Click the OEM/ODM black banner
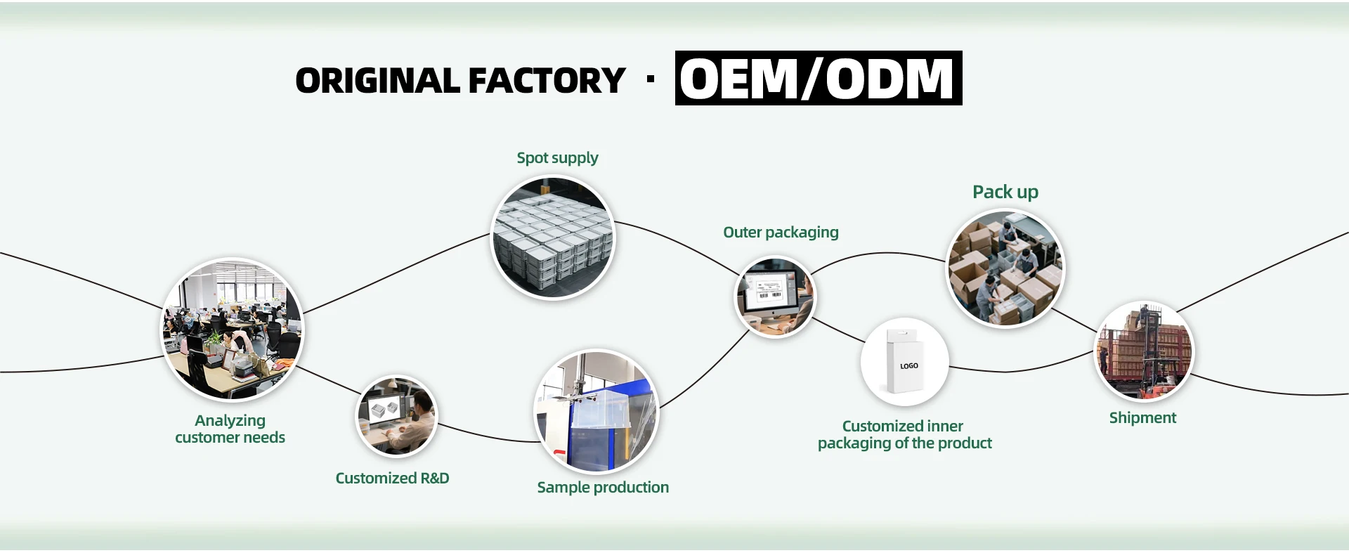[x=819, y=78]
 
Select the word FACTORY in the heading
[x=547, y=81]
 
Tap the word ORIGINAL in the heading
[x=377, y=81]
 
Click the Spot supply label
[x=557, y=158]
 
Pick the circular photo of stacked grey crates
[x=553, y=238]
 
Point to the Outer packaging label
[x=781, y=233]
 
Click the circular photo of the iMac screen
[x=775, y=297]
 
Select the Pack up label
[x=1005, y=193]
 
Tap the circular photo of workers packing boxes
[x=1005, y=268]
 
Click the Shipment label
[x=1142, y=418]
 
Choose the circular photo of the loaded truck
[x=1145, y=351]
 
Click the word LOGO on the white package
[x=908, y=366]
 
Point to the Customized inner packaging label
[x=904, y=435]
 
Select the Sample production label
[x=603, y=488]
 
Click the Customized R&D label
[x=392, y=479]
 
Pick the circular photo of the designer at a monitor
[x=396, y=416]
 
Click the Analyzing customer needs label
[x=230, y=429]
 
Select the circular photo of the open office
[x=233, y=330]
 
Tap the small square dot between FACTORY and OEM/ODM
[x=651, y=79]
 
